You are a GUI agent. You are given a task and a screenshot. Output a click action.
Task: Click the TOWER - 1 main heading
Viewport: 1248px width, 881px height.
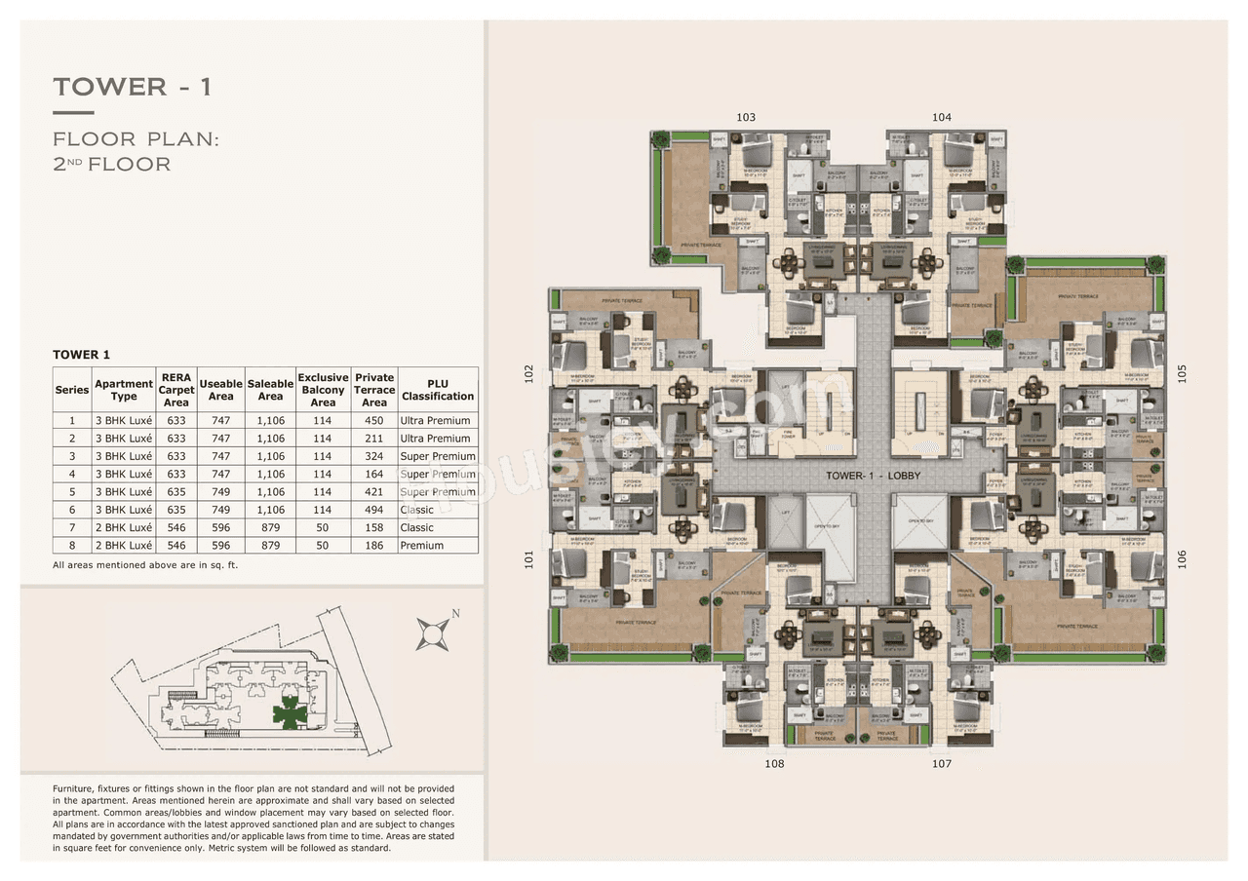coord(133,87)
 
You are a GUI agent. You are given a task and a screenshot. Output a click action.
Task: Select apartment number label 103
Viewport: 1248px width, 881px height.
coord(746,117)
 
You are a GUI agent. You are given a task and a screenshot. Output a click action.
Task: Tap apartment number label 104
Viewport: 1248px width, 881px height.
coord(941,117)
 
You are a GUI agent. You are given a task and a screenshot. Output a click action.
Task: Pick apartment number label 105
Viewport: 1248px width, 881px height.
coord(1182,372)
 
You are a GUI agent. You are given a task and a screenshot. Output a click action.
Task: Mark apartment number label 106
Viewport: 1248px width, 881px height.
coord(1182,559)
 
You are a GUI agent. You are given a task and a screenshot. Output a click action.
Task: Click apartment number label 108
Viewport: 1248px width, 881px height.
coord(774,764)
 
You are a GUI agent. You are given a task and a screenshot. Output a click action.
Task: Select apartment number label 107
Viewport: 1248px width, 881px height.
coord(941,764)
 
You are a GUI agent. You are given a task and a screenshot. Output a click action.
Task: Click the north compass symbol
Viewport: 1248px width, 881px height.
coord(432,632)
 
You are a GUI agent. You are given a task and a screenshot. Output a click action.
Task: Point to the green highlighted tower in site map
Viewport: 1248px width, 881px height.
coord(290,714)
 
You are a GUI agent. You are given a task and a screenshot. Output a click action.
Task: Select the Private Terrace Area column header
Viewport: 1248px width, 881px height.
coord(374,390)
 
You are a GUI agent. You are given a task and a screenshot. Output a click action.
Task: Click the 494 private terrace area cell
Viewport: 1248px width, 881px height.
coord(374,510)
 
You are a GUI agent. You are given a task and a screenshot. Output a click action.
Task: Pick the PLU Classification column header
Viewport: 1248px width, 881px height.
coord(438,390)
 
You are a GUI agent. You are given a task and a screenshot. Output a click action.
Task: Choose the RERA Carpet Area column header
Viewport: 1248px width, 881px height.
coord(176,390)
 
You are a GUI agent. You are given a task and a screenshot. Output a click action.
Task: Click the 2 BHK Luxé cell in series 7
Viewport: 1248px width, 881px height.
coord(124,528)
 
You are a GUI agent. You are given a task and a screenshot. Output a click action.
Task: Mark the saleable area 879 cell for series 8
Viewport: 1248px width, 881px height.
coord(270,546)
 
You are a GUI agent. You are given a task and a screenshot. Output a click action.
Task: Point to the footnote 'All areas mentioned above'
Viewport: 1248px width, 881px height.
coord(145,565)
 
